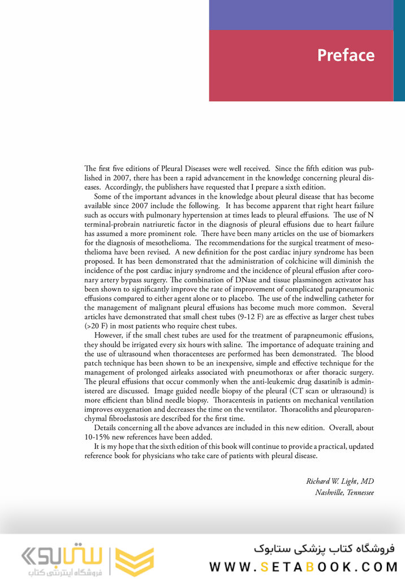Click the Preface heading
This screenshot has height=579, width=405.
point(346,55)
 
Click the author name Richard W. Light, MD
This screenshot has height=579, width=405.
point(340,482)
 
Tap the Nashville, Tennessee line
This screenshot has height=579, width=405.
point(344,492)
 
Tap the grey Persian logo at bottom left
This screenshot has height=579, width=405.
point(57,557)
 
